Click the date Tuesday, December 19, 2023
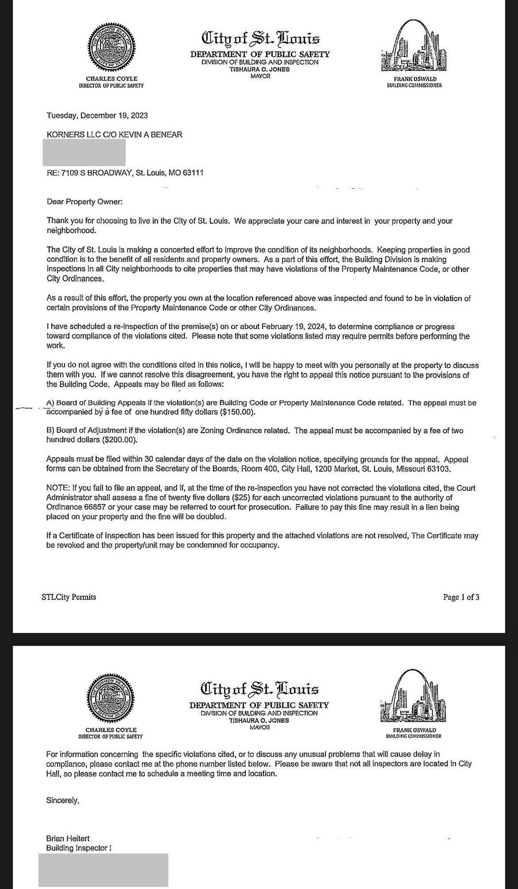pyautogui.click(x=97, y=115)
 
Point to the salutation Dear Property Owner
pyautogui.click(x=85, y=201)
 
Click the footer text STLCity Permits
pyautogui.click(x=69, y=597)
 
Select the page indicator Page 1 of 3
pyautogui.click(x=461, y=597)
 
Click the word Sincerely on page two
pyautogui.click(x=62, y=801)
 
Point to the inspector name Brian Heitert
pyautogui.click(x=68, y=838)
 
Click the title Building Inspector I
pyautogui.click(x=79, y=848)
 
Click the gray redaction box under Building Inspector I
pyautogui.click(x=103, y=869)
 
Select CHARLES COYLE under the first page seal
pyautogui.click(x=112, y=79)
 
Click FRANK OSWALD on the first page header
pyautogui.click(x=414, y=79)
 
